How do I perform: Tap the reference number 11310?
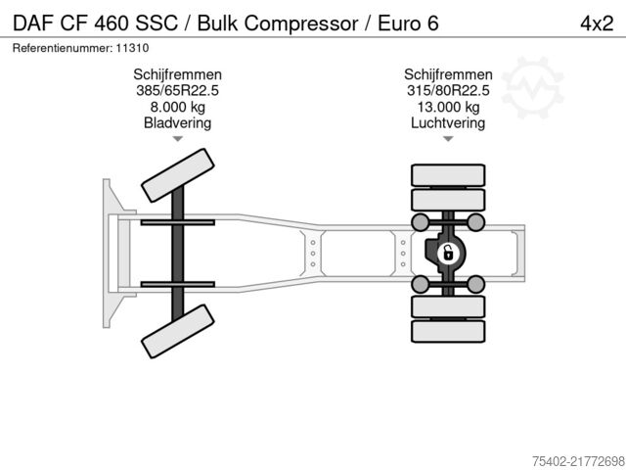133,47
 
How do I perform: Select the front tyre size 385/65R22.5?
177,91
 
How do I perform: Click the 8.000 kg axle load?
177,108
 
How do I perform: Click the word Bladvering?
177,123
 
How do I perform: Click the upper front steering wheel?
178,177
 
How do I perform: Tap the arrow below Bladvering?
177,140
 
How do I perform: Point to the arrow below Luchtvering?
448,140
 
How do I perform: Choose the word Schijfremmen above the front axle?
177,74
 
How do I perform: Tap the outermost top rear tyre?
448,176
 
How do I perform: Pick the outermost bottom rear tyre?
448,332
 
